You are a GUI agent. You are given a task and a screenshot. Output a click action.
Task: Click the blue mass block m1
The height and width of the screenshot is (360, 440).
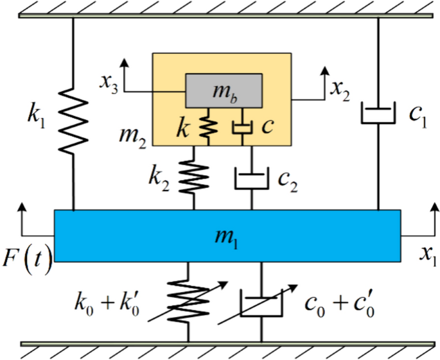(x=227, y=236)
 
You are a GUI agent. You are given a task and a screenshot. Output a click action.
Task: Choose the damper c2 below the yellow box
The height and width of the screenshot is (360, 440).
(x=251, y=176)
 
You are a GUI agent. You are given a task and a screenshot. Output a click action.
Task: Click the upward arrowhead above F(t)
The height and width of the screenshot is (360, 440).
(x=24, y=208)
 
